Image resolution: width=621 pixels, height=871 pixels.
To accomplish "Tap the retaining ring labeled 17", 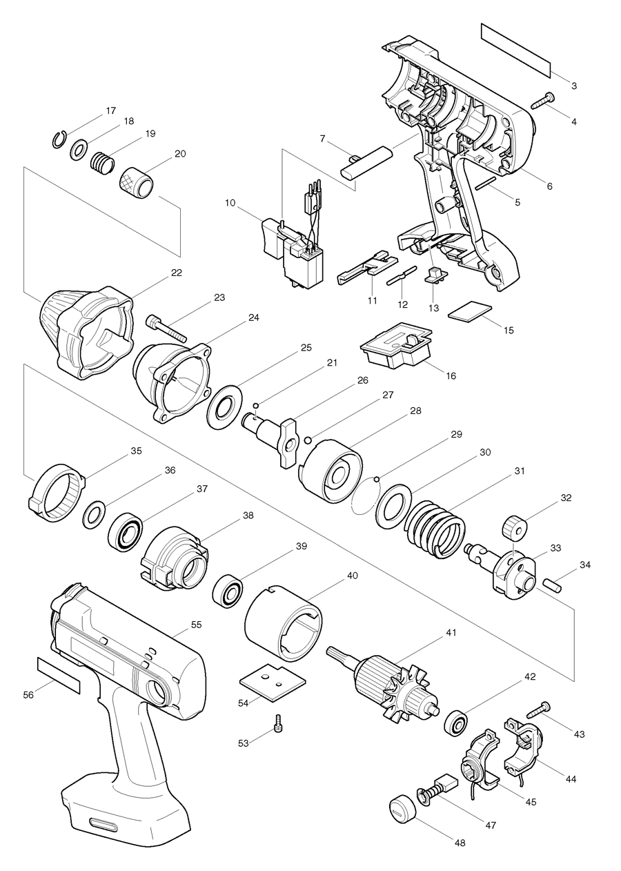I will click(60, 139).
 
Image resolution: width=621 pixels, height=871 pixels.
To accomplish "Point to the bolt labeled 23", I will click(168, 326).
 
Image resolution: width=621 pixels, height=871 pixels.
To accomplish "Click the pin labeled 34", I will click(555, 583).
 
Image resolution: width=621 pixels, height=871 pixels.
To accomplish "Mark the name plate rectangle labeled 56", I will click(59, 675).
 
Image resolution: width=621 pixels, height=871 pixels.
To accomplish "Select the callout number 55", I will click(196, 624).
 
